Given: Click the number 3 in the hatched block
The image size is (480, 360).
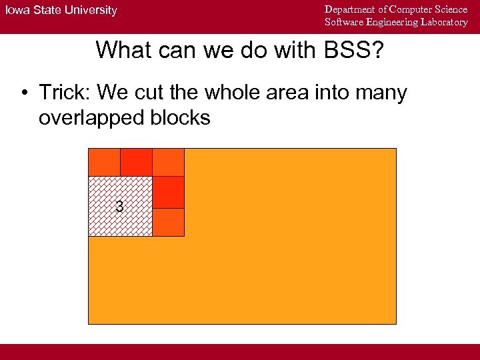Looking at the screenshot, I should coord(119,207).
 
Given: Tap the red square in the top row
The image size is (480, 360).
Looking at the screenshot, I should coord(136,162).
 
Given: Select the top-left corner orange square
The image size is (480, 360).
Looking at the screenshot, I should coord(104,162).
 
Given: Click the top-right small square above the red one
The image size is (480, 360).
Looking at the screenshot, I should coord(168,162).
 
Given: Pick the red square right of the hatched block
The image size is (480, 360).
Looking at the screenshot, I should coord(168,192).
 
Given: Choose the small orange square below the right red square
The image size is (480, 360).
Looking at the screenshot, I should coord(168,222).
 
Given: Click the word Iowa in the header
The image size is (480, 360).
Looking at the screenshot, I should coord(19,10).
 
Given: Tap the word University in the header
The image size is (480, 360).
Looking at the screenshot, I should coord(90,10).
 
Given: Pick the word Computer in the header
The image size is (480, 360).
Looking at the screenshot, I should coord(413,9).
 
